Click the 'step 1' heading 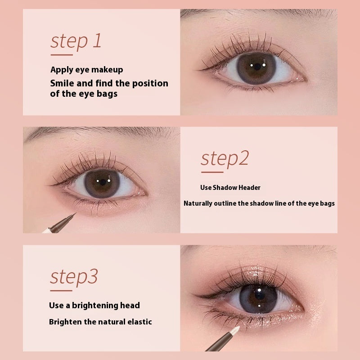pyautogui.click(x=76, y=41)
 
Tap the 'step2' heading pyautogui.click(x=224, y=158)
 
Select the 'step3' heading pyautogui.click(x=73, y=277)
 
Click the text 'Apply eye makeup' pyautogui.click(x=86, y=70)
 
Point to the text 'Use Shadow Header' pyautogui.click(x=230, y=188)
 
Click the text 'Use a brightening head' pyautogui.click(x=94, y=306)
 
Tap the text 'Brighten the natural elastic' pyautogui.click(x=100, y=322)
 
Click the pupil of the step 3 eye pyautogui.click(x=259, y=298)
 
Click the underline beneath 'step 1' pyautogui.click(x=62, y=54)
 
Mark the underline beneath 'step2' pyautogui.click(x=211, y=172)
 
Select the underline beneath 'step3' pyautogui.click(x=61, y=290)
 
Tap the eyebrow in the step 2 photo pyautogui.click(x=90, y=134)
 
